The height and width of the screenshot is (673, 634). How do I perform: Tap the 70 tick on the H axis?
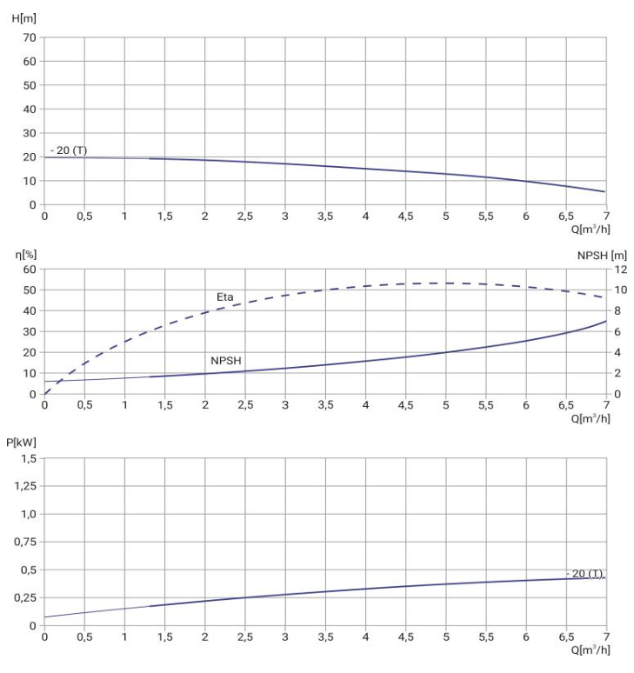tap(30, 37)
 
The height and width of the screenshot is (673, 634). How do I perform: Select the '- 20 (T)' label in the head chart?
tap(69, 150)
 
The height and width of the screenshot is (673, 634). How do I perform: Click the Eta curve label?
tap(225, 297)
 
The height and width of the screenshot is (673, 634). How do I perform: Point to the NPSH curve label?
tap(225, 360)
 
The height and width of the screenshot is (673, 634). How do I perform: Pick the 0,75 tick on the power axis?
tap(26, 542)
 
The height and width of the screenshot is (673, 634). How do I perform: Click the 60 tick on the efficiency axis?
tap(30, 269)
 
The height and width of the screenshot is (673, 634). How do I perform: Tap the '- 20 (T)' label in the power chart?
tap(584, 574)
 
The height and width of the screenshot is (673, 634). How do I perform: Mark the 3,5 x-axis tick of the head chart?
tap(325, 217)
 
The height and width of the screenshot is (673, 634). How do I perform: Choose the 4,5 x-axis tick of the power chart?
tap(405, 637)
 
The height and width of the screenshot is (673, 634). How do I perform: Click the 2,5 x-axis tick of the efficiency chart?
tap(245, 406)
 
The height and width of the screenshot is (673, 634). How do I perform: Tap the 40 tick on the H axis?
tap(30, 110)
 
